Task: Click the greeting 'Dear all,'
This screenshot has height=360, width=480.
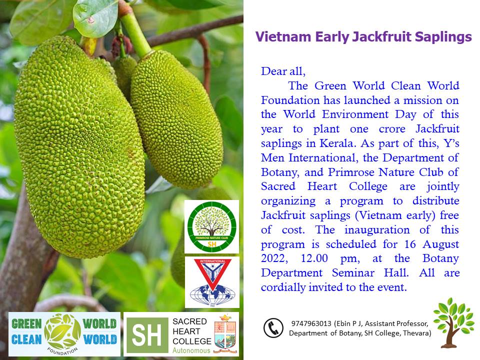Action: coord(283,71)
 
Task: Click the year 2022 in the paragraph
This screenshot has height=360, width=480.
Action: coord(274,258)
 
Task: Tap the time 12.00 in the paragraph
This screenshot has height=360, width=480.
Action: coord(314,258)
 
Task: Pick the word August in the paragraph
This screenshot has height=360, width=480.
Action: coord(441,244)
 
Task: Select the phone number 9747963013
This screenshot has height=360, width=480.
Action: coord(311,323)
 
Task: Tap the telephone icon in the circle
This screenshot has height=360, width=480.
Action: coord(273,328)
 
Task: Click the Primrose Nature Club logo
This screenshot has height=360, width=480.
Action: coord(212,226)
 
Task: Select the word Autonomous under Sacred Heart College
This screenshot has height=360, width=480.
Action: coord(191,350)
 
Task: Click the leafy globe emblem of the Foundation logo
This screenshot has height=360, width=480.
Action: coord(62,331)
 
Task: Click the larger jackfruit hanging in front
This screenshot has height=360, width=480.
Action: coord(79,147)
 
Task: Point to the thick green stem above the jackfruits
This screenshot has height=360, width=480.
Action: coord(134,32)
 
